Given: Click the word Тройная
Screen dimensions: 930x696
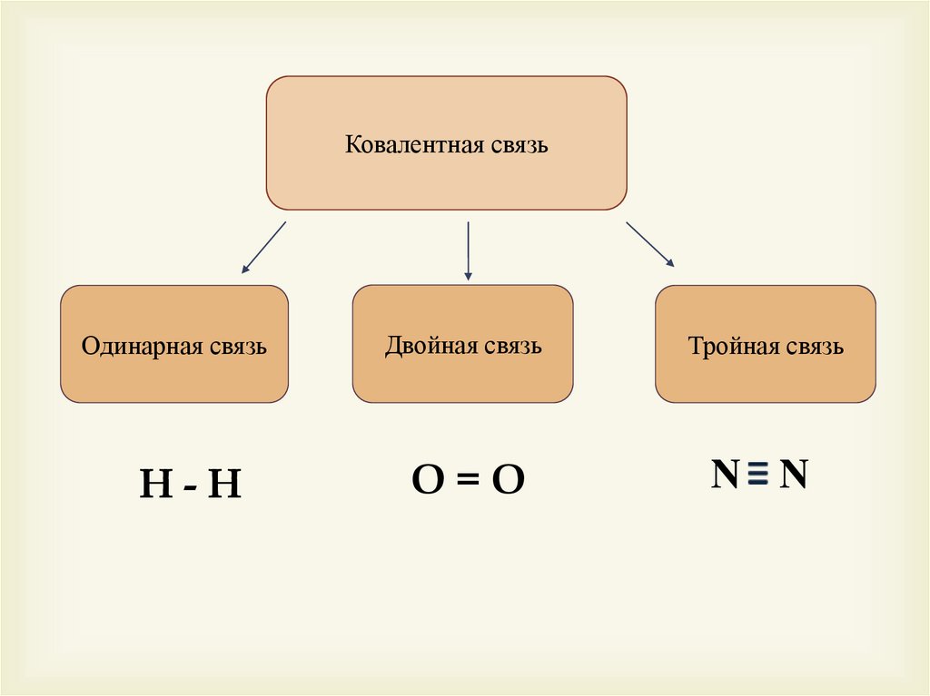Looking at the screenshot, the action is point(731,347).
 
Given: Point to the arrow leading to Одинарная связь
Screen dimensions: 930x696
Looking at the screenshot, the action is point(263,248).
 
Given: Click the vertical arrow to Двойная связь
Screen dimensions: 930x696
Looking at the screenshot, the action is point(468,250).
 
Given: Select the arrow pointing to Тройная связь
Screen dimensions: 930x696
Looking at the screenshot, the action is point(650,244).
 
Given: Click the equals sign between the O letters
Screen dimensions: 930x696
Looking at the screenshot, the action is point(468,481).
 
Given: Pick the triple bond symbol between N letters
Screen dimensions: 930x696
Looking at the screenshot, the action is point(760,475).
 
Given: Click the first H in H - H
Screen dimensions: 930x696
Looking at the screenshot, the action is point(155,485).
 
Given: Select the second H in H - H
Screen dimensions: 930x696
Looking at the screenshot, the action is point(223,485).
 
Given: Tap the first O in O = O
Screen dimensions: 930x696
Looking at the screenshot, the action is point(427,481).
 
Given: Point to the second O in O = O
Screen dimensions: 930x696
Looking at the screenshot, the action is point(509,481).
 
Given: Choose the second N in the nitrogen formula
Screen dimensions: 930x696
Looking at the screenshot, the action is point(794,475).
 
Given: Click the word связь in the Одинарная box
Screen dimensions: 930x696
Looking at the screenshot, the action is point(237,347).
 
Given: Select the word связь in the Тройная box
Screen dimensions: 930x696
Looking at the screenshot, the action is point(814,347).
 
